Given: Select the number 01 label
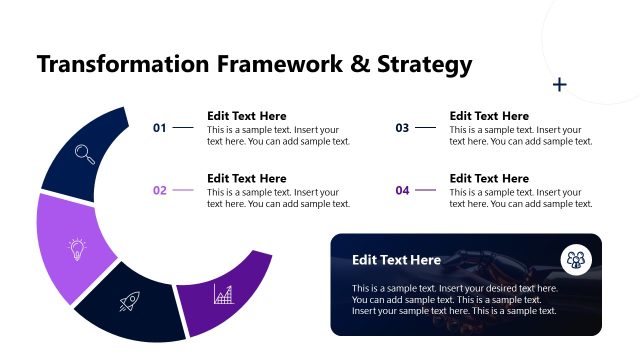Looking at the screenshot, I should (159, 128).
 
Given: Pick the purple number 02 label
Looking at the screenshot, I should (159, 190).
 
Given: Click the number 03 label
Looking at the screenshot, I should (402, 128).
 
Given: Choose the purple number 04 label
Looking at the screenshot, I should (402, 190).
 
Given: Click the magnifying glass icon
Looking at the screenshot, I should (85, 153).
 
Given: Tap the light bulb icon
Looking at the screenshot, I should (76, 249).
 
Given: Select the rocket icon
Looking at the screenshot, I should (129, 301).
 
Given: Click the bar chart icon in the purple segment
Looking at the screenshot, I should (223, 294).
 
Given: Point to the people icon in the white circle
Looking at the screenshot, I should (576, 259).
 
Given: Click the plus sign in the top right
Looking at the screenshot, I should (560, 85).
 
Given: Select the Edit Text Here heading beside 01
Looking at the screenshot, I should (246, 116).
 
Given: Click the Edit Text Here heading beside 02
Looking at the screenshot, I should (246, 178).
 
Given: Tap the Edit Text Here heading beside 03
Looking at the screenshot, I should (489, 116).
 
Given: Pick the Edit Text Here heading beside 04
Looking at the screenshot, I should (489, 178).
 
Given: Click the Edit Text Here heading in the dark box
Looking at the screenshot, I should (396, 260).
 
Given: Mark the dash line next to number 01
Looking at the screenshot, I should (183, 128).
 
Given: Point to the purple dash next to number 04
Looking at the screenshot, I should (426, 190).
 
